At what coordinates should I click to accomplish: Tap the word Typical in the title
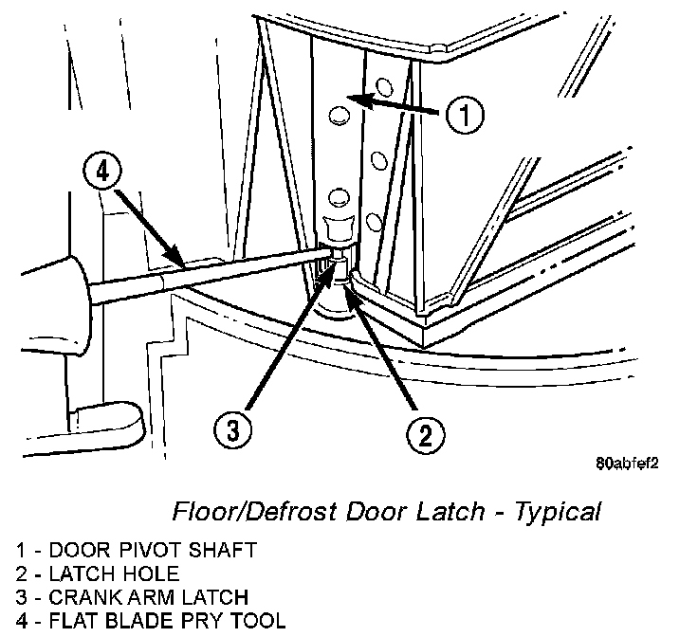(558, 513)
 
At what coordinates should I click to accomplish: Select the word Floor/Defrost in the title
(242, 513)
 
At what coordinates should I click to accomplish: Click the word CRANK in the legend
(77, 597)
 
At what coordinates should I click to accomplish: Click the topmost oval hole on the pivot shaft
(339, 116)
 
